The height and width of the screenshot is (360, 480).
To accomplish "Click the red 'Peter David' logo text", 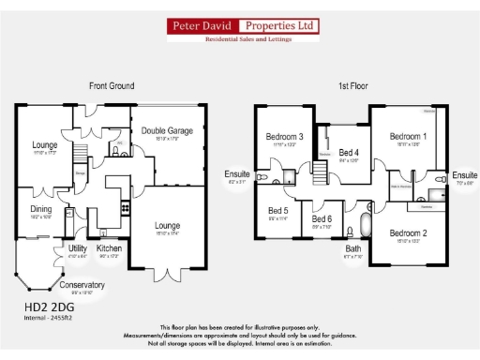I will click(201, 27).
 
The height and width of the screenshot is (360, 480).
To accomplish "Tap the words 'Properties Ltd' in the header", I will click(277, 27).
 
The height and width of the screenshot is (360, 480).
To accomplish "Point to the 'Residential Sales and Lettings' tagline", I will click(240, 43).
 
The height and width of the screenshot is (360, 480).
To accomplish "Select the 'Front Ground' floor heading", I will click(112, 85).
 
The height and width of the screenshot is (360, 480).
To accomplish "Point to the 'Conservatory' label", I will click(82, 285).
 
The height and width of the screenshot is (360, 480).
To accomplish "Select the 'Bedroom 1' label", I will click(408, 137).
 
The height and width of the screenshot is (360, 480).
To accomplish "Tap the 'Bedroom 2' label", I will click(408, 232).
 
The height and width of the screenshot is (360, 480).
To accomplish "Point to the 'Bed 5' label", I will click(278, 211).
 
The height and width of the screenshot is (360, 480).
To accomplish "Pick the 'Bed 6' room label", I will click(322, 218).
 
